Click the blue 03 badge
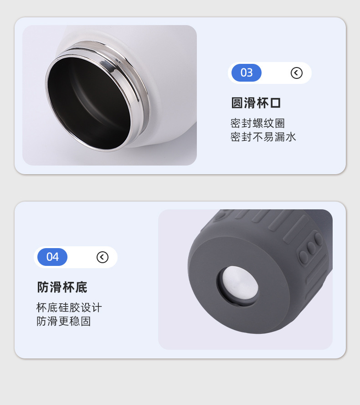click(x=247, y=73)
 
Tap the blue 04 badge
click(x=52, y=257)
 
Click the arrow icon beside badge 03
click(x=297, y=73)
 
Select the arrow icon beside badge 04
click(x=103, y=257)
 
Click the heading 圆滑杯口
click(x=256, y=103)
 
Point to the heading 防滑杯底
click(x=62, y=287)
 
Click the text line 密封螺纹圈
click(x=257, y=123)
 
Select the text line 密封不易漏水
click(x=263, y=137)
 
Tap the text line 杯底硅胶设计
click(x=69, y=307)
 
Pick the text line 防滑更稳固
click(x=63, y=322)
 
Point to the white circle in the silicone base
click(x=240, y=283)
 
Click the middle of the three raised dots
click(x=311, y=248)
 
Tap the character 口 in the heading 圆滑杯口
click(x=275, y=103)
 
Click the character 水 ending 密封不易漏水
click(x=290, y=137)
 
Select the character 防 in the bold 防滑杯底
click(x=43, y=287)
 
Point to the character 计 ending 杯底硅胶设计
click(x=97, y=307)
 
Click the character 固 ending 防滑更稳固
click(x=86, y=322)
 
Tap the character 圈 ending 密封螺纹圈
click(x=280, y=123)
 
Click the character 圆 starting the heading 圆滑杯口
click(x=237, y=103)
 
